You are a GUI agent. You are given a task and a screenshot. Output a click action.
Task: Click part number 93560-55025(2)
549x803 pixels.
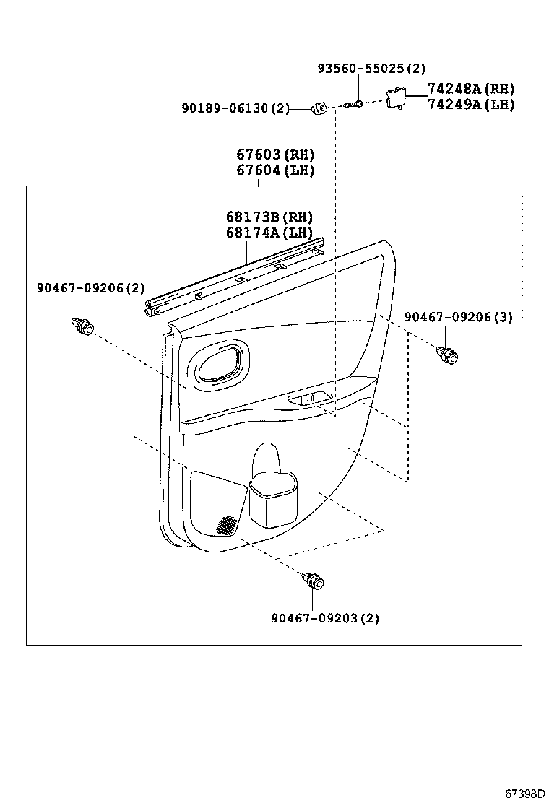click(371, 69)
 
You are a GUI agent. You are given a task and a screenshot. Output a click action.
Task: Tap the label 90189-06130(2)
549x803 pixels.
click(235, 108)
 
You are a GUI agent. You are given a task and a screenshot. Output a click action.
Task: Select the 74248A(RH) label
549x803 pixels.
click(470, 89)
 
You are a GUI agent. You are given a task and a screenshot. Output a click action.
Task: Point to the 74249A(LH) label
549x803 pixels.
click(470, 105)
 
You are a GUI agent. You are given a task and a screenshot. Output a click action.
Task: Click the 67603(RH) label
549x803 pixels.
click(275, 155)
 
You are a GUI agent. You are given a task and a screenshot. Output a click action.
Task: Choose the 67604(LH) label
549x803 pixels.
click(275, 170)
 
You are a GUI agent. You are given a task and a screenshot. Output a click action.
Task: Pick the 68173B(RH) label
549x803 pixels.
click(269, 217)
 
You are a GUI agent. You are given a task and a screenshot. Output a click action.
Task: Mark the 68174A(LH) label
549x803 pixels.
click(269, 233)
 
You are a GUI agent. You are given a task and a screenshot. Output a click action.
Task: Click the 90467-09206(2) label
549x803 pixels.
click(90, 288)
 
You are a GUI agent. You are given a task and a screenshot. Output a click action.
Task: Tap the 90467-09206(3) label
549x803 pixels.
click(458, 317)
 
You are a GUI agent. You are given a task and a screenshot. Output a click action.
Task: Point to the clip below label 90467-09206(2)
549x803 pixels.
click(82, 327)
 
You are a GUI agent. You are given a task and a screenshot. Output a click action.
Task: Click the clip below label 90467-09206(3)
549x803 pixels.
click(449, 355)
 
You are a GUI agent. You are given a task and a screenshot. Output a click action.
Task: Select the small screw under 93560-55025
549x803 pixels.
click(353, 105)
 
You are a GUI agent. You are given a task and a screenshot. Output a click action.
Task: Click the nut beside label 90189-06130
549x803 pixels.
click(320, 108)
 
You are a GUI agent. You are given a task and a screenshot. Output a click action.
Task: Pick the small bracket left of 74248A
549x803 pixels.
click(395, 96)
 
